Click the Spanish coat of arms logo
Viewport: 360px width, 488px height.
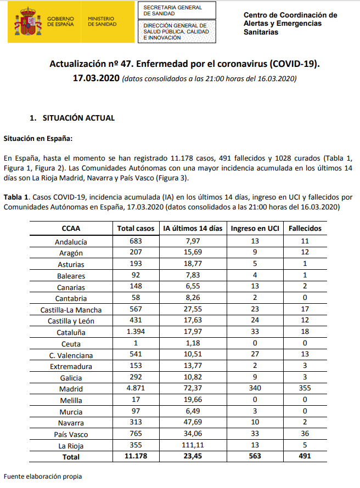click(24, 21)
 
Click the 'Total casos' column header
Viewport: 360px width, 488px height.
click(136, 228)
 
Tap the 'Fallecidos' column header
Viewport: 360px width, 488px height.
click(305, 228)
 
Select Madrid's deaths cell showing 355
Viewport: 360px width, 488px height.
click(305, 388)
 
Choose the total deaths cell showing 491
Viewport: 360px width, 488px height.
click(305, 456)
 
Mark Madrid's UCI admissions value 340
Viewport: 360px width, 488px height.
click(254, 388)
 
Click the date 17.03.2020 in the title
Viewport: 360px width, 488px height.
click(96, 78)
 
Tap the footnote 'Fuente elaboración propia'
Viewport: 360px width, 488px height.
click(42, 476)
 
